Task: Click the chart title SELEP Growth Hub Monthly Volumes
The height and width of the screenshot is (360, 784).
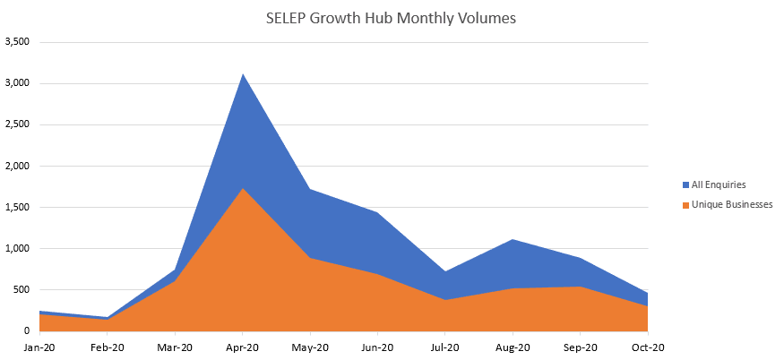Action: (392, 18)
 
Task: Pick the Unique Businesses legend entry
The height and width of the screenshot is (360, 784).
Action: (731, 205)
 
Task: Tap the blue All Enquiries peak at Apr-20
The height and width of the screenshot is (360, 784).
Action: (242, 74)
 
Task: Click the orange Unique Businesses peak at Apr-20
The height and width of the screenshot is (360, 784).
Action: (242, 188)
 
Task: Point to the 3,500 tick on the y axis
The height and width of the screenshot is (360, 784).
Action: (18, 42)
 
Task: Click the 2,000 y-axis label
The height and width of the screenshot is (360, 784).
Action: (18, 166)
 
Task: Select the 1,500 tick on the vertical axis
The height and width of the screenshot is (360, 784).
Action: (18, 207)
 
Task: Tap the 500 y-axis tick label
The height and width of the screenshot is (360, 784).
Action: (22, 289)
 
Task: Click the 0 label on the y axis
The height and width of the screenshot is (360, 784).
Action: (28, 330)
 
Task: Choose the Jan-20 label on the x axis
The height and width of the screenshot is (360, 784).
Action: (39, 347)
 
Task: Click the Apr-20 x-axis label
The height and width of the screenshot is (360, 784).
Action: (242, 347)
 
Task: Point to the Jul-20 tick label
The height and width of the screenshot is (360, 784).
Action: (444, 347)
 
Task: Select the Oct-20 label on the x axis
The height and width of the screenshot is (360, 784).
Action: (647, 347)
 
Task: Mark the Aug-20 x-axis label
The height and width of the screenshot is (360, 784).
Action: (513, 347)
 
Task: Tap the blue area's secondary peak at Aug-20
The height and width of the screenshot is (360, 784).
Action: (513, 240)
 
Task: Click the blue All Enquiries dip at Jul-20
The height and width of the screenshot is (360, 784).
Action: (444, 271)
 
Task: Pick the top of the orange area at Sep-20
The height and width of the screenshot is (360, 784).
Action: (580, 287)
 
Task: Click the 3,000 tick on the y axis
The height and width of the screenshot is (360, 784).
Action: (18, 83)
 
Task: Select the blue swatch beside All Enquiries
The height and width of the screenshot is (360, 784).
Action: (685, 184)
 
